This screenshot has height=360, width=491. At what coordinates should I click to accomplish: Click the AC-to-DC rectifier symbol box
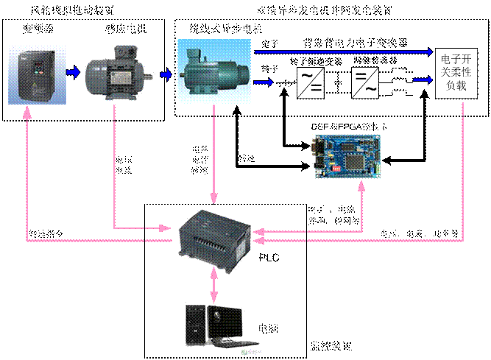point(310,82)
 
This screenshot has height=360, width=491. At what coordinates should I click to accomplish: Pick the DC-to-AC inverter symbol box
point(366,82)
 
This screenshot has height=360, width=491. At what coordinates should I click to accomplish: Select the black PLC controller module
point(215,239)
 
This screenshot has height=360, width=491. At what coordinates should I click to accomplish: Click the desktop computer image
point(219,326)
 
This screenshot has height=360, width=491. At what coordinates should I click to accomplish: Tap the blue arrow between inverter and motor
point(72,73)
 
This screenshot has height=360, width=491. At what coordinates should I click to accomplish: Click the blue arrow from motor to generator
point(166,74)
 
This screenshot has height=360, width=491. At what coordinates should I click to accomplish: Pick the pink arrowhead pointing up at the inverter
point(27,113)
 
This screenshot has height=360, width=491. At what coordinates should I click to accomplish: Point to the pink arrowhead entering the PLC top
point(214,198)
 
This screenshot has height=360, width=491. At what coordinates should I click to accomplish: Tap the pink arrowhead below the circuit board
point(361,188)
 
